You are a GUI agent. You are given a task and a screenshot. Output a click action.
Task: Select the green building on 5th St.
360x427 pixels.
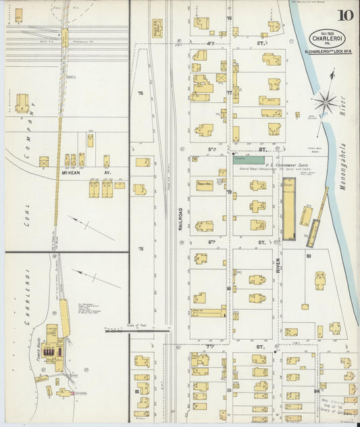pyautogui.click(x=249, y=159)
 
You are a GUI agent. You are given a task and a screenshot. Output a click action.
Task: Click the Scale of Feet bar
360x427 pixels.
pyautogui.click(x=137, y=330)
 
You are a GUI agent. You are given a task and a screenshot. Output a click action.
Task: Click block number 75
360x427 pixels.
pyautogui.click(x=141, y=93)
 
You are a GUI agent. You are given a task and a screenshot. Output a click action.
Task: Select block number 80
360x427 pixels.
pyautogui.click(x=308, y=256)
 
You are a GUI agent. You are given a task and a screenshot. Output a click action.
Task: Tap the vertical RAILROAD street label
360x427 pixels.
pyautogui.click(x=181, y=217)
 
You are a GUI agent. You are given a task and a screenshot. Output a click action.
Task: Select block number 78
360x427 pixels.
pyautogui.click(x=141, y=249)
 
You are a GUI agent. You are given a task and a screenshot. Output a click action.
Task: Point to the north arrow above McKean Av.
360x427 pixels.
pyautogui.click(x=91, y=228)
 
